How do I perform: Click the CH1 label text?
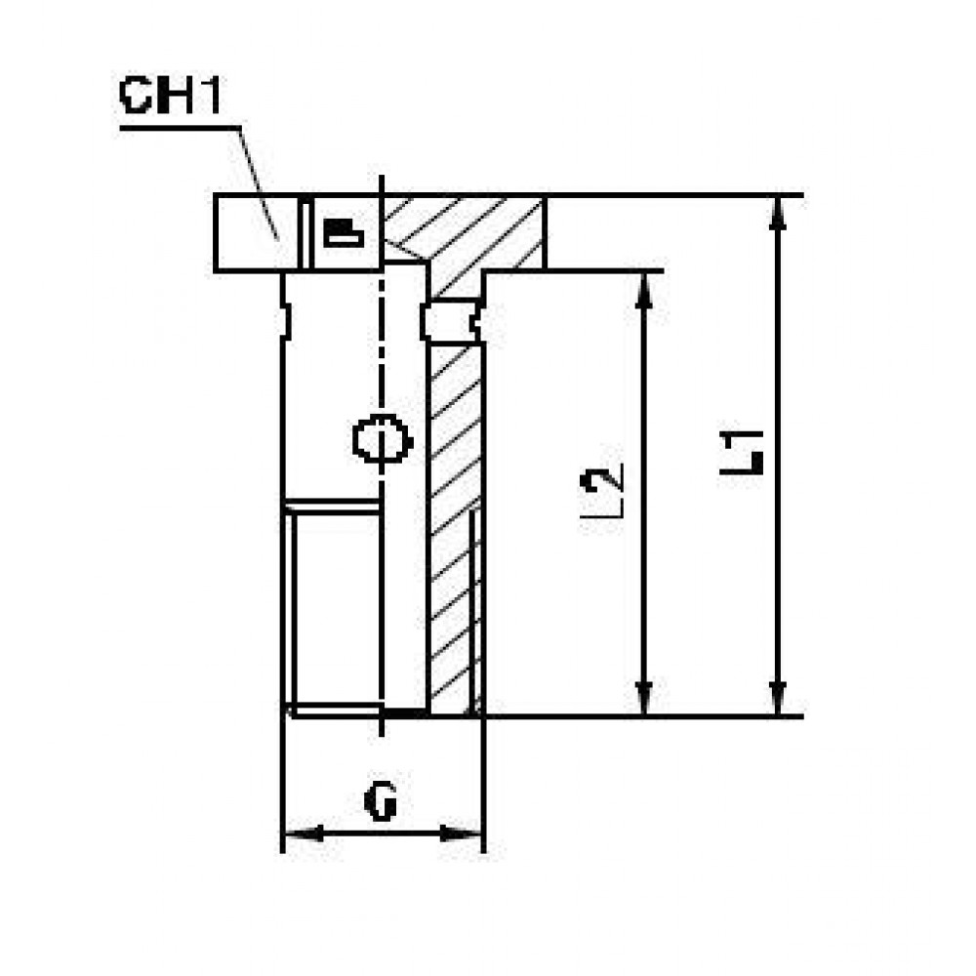(x=170, y=96)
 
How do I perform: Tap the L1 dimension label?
(x=742, y=452)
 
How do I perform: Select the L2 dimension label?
(x=601, y=491)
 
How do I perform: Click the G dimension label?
(x=381, y=801)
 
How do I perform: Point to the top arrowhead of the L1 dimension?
(x=778, y=213)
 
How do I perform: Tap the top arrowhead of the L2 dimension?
(x=645, y=290)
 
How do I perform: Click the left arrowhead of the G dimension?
(x=304, y=833)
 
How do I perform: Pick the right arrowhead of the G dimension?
(x=461, y=833)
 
